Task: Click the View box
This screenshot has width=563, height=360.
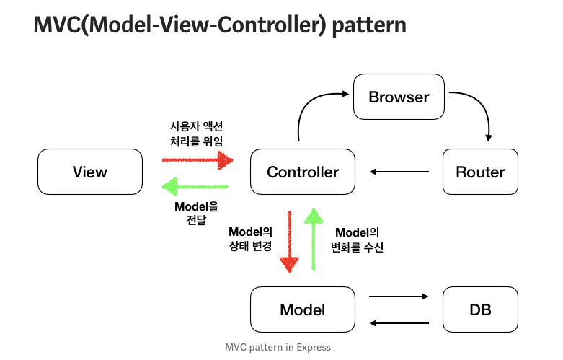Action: click(89, 172)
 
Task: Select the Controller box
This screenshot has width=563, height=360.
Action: click(302, 172)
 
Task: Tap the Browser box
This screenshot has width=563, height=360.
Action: click(399, 97)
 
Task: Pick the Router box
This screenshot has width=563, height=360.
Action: click(480, 172)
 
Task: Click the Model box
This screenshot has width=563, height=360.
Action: click(302, 309)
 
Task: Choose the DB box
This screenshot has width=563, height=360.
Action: click(480, 309)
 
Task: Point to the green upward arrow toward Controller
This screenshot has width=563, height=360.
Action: click(314, 238)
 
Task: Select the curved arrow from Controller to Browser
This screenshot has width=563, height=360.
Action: click(310, 108)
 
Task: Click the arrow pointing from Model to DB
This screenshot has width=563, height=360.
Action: click(399, 297)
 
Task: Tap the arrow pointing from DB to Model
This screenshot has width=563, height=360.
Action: click(399, 323)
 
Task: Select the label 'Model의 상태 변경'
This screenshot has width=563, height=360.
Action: click(250, 239)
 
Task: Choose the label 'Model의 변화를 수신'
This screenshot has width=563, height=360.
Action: click(358, 239)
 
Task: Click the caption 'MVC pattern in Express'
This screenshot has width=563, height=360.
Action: click(278, 347)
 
